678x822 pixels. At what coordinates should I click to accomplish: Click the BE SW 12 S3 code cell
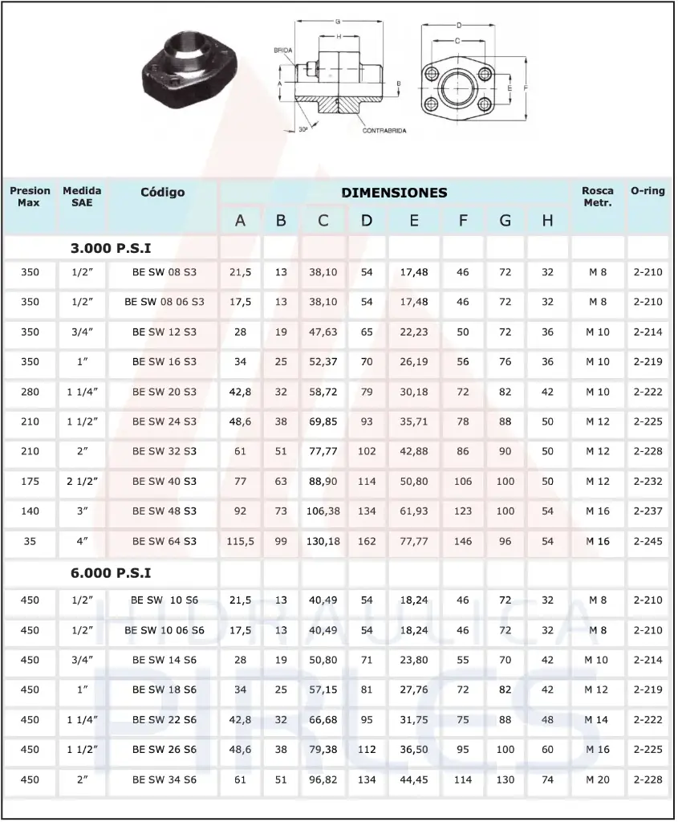[164, 332]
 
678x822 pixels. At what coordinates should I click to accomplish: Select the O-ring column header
[648, 192]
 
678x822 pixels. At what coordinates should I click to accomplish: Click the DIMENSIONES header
[394, 193]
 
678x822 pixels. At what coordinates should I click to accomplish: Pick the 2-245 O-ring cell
[648, 541]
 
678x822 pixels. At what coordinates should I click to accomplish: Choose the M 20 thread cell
[597, 779]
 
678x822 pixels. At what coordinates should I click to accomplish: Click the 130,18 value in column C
[323, 541]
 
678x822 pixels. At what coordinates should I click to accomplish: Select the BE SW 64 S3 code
[164, 541]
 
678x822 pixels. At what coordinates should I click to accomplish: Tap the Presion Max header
[30, 197]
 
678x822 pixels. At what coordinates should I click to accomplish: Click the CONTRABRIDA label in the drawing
[384, 130]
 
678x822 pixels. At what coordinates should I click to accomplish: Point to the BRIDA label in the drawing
[282, 50]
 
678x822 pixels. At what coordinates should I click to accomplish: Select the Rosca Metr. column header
[598, 197]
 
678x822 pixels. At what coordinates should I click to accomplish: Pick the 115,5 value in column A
[240, 541]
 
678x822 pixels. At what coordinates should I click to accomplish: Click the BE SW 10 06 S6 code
[164, 630]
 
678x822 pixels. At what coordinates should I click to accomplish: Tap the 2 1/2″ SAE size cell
[82, 481]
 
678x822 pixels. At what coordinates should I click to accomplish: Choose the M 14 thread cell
[597, 720]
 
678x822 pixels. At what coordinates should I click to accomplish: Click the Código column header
[163, 193]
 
